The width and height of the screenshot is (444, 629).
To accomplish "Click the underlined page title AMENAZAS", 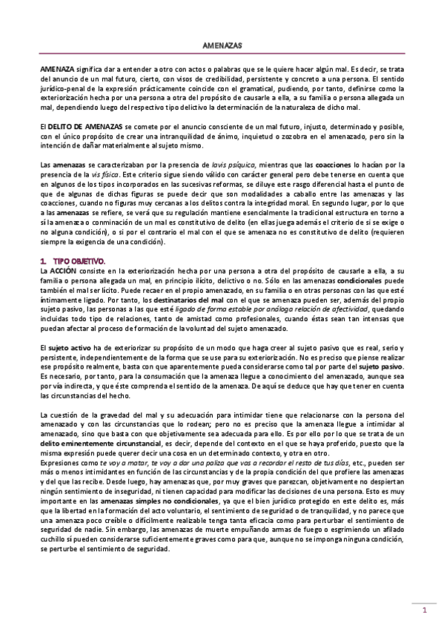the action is [x=222, y=45].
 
